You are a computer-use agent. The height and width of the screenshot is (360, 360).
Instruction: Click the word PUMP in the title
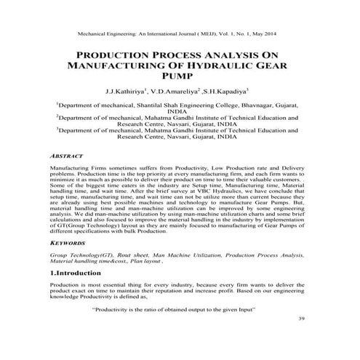click(180, 76)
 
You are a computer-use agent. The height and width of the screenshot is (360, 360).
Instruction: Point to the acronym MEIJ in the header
click(211, 35)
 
